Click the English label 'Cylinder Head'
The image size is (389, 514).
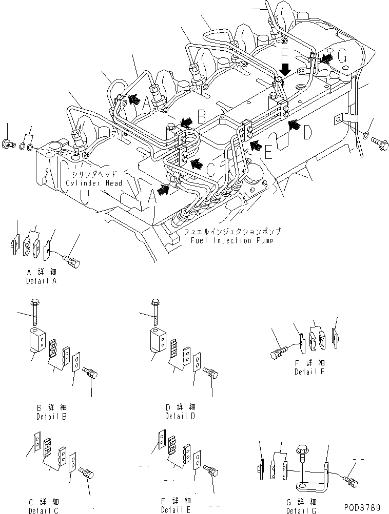coord(94,183)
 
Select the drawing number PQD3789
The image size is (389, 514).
coord(360,507)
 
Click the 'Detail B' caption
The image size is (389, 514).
coord(51,416)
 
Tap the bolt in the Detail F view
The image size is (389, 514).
coord(278,353)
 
